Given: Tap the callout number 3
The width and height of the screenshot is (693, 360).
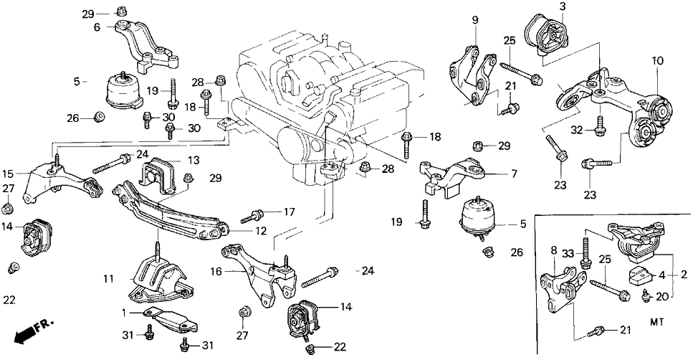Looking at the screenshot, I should tap(563, 6).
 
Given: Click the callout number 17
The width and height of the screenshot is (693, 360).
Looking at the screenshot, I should tap(289, 212).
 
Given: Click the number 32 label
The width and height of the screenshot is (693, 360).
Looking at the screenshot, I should tap(575, 129).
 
